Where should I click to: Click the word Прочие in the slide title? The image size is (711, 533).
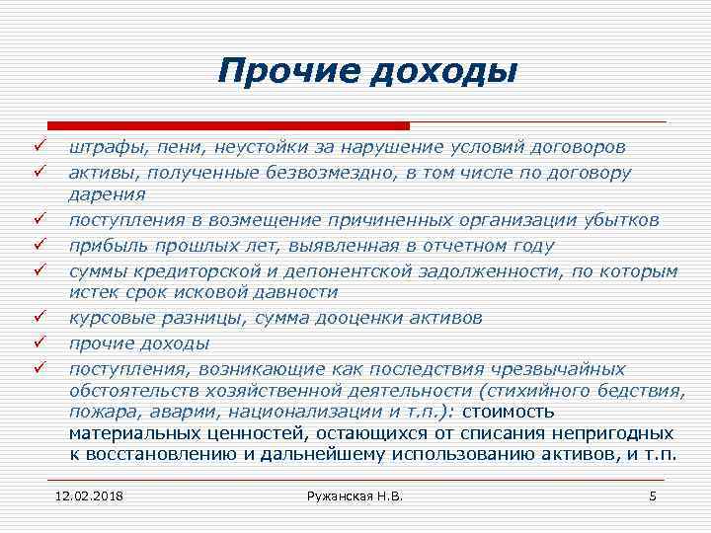[278, 72]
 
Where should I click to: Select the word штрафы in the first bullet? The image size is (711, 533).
[104, 148]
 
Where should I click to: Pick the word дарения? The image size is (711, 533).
[108, 195]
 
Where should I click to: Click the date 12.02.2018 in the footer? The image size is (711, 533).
[96, 495]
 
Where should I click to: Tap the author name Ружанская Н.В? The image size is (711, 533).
[355, 495]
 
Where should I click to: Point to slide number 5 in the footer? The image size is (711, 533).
[652, 495]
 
